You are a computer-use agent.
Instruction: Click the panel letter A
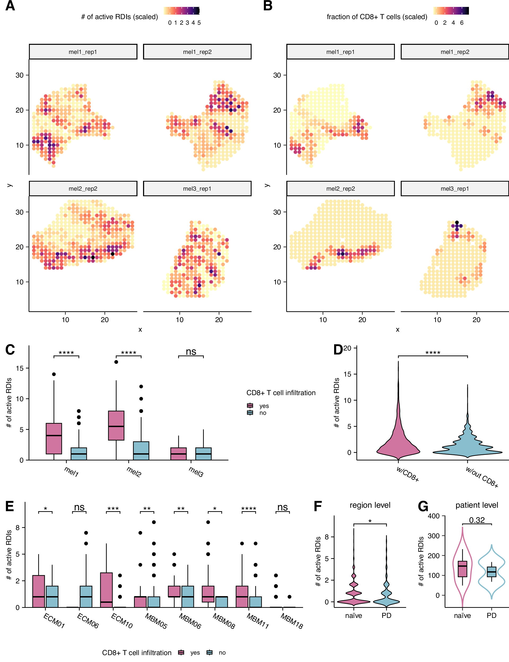10,6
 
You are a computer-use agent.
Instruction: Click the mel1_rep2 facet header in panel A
197,52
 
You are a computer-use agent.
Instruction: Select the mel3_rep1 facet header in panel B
454,189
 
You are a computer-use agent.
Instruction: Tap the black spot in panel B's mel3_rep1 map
457,223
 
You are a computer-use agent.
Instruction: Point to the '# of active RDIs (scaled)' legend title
119,17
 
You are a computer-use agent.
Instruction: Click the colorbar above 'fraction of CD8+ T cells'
451,11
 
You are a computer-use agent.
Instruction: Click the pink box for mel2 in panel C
116,425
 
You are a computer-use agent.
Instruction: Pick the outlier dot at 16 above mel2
116,362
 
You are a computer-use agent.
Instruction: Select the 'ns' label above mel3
191,352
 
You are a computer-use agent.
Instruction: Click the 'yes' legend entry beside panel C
264,406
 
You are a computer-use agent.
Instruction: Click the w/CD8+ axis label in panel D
408,474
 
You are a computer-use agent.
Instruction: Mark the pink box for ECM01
38,591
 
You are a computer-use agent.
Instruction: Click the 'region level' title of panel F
370,505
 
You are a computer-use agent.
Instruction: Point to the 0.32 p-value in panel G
477,520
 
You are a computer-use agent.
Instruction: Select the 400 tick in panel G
433,516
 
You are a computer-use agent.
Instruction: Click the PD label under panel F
386,616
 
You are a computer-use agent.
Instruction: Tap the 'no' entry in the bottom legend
222,653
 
